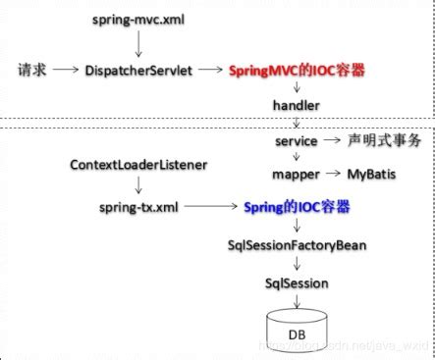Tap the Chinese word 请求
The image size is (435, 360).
pos(32,71)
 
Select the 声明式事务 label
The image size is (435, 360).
pos(384,141)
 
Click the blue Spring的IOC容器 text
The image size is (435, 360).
pos(298,208)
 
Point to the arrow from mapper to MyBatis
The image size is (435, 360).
pos(332,174)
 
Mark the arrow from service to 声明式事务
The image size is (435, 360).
pos(334,141)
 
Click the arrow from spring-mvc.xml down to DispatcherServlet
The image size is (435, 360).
pos(138,44)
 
